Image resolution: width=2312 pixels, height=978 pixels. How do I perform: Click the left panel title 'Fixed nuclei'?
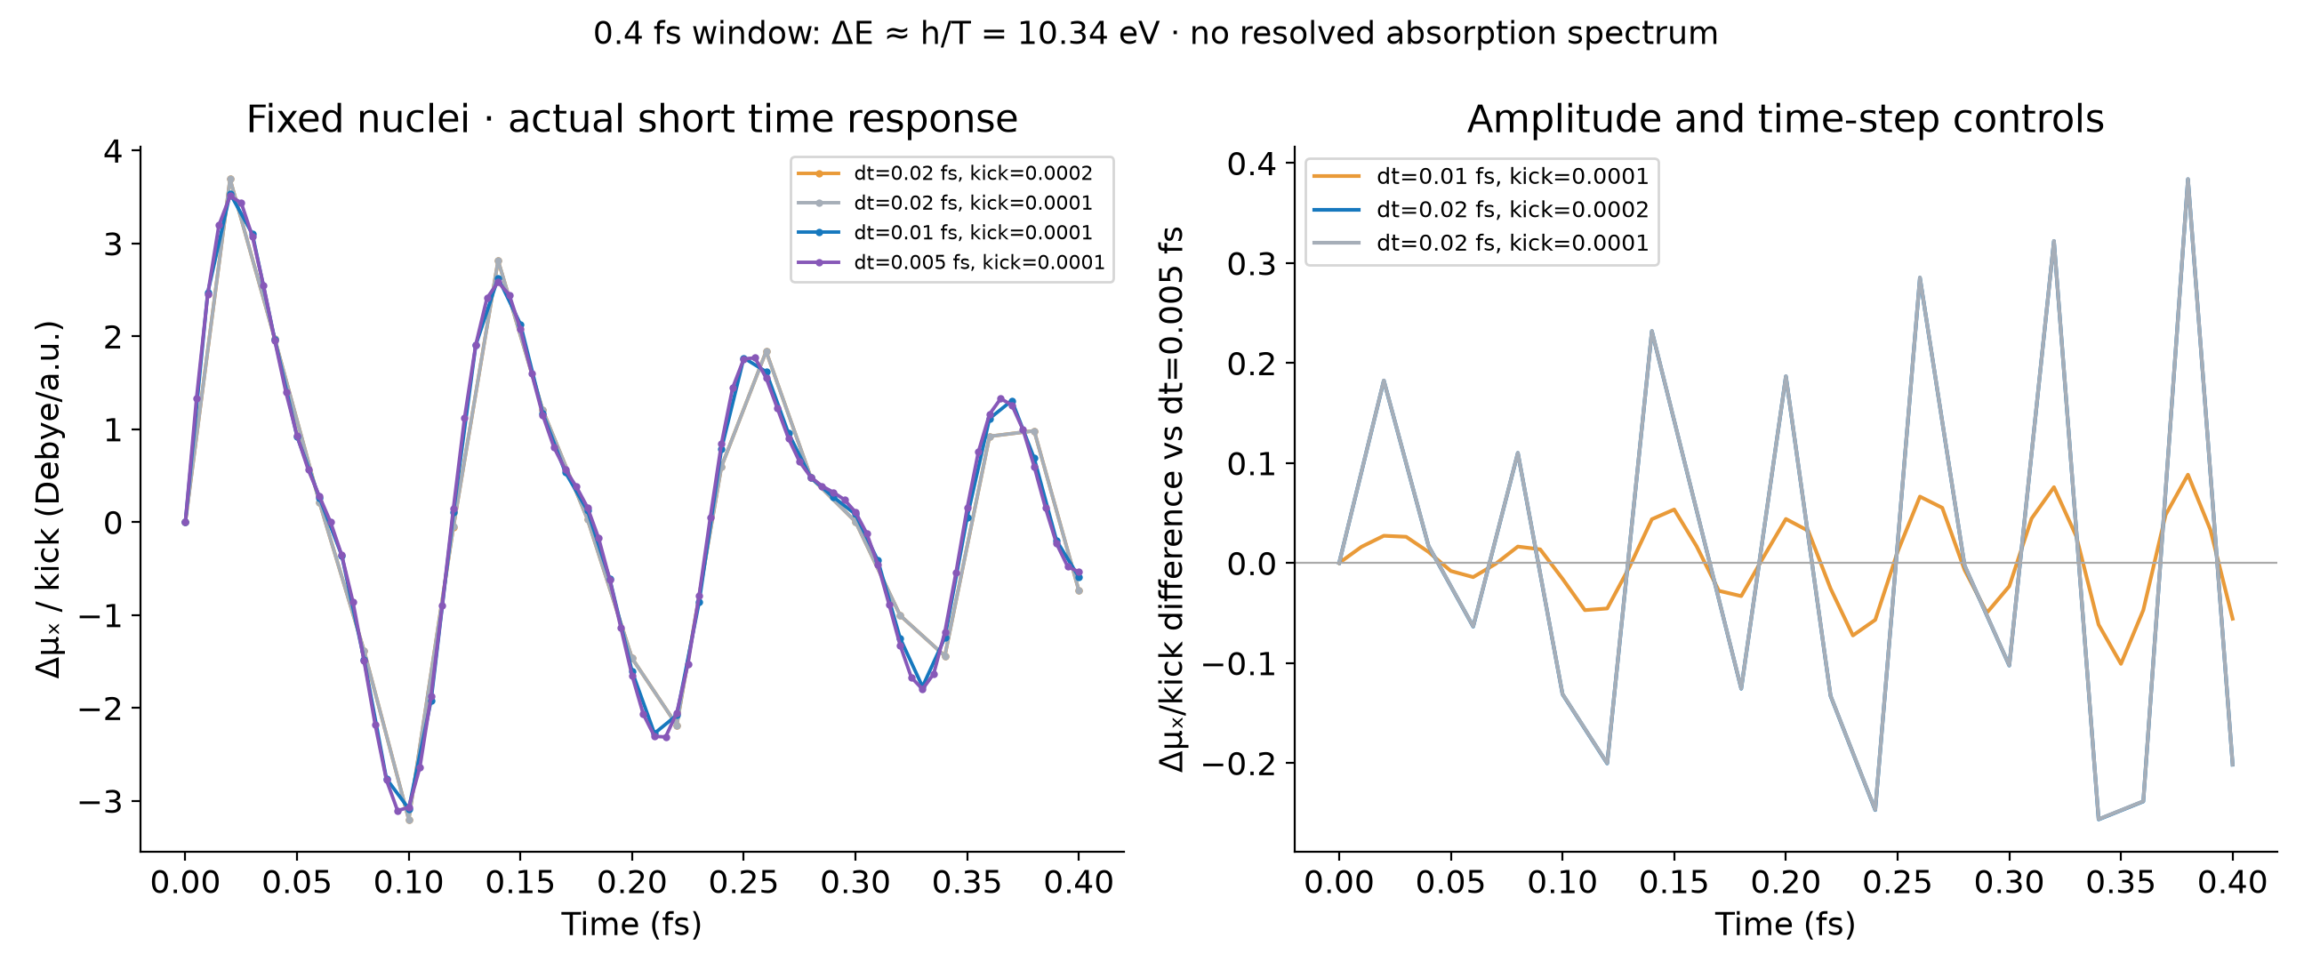coord(357,119)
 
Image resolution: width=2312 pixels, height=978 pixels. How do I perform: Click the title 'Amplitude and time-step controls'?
coord(1786,119)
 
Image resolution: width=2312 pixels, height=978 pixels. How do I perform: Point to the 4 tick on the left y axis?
coord(113,151)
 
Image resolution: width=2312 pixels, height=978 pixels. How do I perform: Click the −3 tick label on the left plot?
coord(100,801)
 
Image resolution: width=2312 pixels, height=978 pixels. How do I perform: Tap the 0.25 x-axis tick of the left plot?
coord(743,883)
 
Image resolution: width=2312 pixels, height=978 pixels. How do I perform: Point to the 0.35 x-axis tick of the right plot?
coord(2121,883)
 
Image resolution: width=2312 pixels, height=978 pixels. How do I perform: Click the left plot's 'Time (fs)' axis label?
coord(632,924)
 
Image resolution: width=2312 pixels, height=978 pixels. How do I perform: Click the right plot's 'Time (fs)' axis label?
coord(1786,924)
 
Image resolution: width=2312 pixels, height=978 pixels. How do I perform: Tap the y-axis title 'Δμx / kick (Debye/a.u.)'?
coord(49,499)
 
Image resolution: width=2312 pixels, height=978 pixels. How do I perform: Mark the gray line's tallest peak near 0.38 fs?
coord(2188,180)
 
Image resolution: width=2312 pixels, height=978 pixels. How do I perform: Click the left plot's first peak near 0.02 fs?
coord(230,180)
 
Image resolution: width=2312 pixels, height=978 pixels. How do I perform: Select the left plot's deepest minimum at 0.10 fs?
coord(409,819)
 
